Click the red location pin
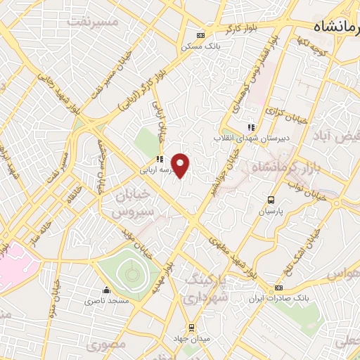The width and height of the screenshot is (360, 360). click(181, 165)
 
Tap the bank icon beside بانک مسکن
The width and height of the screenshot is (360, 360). click(201, 35)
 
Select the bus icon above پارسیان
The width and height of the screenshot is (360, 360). click(271, 200)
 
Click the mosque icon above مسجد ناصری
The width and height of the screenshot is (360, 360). click(106, 290)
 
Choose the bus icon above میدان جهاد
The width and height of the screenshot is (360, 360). click(191, 327)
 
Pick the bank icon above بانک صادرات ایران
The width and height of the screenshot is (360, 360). click(279, 288)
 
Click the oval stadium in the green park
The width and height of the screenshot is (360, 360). click(129, 269)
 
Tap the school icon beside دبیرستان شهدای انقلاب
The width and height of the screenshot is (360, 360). click(250, 127)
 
